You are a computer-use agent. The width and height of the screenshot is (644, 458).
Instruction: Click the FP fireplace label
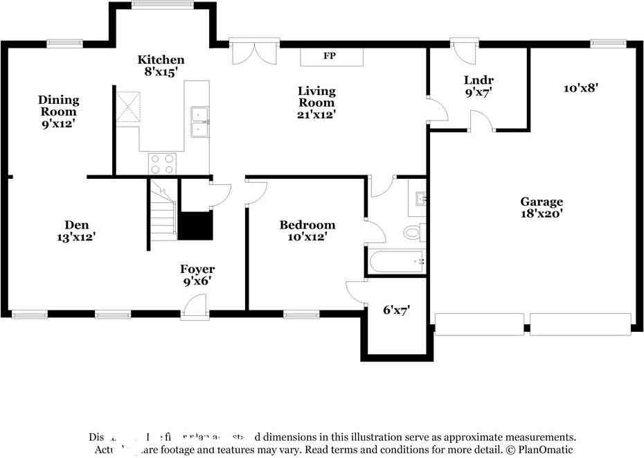pyautogui.click(x=330, y=56)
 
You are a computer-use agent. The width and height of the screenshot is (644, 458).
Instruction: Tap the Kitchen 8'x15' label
pyautogui.click(x=161, y=65)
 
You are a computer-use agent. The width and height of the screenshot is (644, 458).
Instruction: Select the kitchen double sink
pyautogui.click(x=199, y=122)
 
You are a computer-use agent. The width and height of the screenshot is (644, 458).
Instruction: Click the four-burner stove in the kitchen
pyautogui.click(x=163, y=164)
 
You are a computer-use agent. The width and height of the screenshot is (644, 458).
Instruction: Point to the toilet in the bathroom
pyautogui.click(x=413, y=233)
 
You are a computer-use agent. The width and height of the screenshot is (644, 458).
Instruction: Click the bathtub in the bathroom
pyautogui.click(x=396, y=262)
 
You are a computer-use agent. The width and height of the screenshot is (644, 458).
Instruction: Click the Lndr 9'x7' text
pyautogui.click(x=478, y=86)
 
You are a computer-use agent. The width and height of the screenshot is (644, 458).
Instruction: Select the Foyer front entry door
pyautogui.click(x=195, y=307)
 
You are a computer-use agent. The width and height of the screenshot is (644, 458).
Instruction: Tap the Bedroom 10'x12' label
pyautogui.click(x=307, y=231)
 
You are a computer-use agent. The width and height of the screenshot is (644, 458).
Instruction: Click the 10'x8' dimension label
pyautogui.click(x=580, y=88)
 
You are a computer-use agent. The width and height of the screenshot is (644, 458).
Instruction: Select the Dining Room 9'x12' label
pyautogui.click(x=58, y=112)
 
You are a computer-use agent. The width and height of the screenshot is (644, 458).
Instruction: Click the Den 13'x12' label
pyautogui.click(x=76, y=231)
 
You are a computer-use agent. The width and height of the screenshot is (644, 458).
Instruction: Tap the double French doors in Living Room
pyautogui.click(x=255, y=52)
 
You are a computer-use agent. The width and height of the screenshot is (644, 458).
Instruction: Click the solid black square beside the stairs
pyautogui.click(x=196, y=226)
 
